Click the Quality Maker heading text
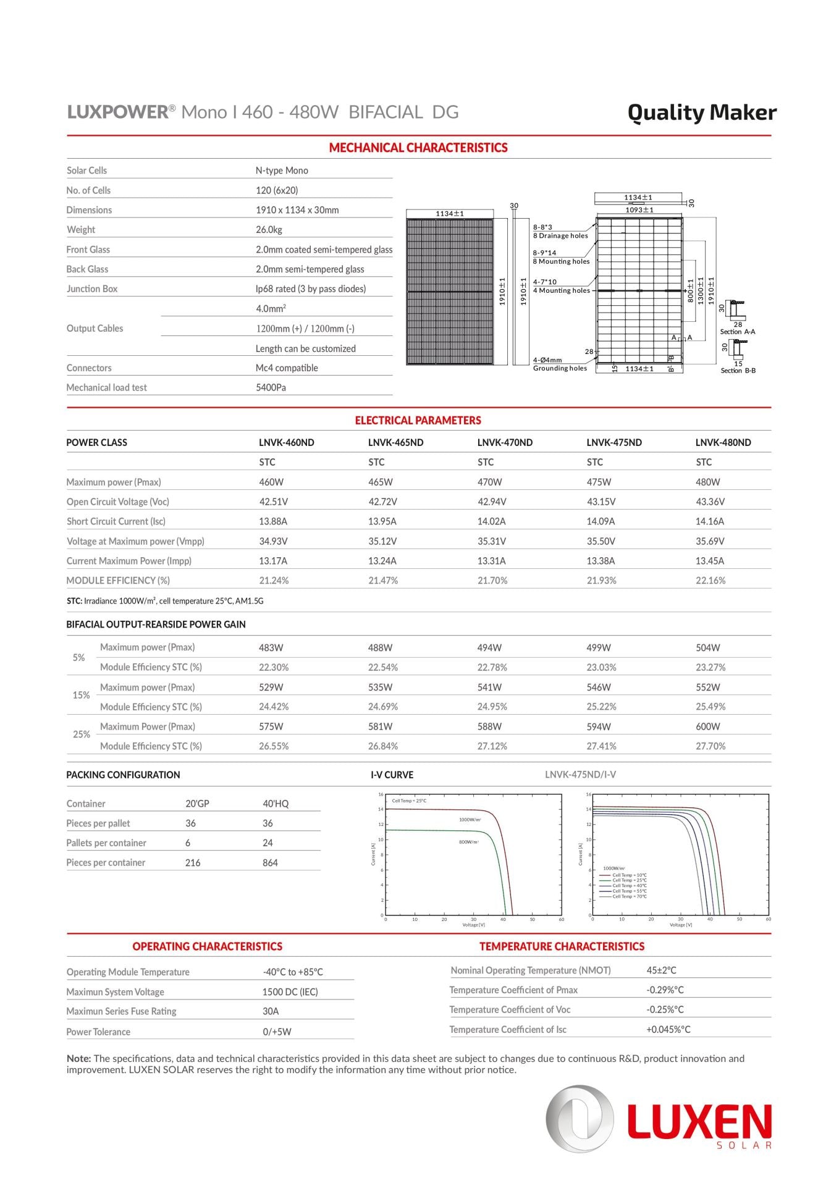point(701,112)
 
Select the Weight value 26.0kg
point(269,230)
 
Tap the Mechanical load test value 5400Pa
point(271,388)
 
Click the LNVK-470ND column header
point(504,443)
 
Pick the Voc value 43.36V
point(710,502)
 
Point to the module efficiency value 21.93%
point(601,581)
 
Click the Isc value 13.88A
point(272,522)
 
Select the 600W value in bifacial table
point(707,727)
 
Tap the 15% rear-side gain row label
point(81,696)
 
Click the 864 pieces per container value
point(270,863)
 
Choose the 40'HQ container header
point(275,804)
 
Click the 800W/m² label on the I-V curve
point(468,843)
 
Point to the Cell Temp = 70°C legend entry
point(629,896)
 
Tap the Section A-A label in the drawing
point(737,332)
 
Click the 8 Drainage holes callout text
point(560,236)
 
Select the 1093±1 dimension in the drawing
point(639,210)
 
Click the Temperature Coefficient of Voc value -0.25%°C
point(665,1010)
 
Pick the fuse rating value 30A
point(271,1012)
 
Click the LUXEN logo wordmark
point(699,1122)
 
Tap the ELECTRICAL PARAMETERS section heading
point(418,421)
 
